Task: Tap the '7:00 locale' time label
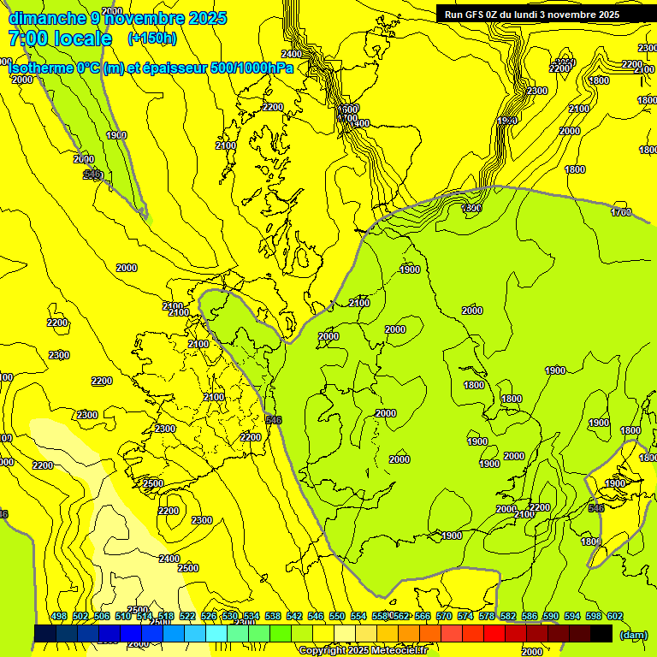60,38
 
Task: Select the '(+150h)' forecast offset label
152,38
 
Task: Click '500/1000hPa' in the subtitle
256,68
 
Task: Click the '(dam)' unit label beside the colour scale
633,635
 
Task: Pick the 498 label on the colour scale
59,617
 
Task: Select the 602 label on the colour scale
614,617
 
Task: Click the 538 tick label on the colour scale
273,617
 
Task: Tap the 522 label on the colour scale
187,617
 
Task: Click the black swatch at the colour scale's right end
601,634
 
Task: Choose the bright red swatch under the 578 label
494,634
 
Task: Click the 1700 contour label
622,212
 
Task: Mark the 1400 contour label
359,124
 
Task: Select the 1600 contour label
347,109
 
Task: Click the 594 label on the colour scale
572,617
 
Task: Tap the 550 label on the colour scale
337,617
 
